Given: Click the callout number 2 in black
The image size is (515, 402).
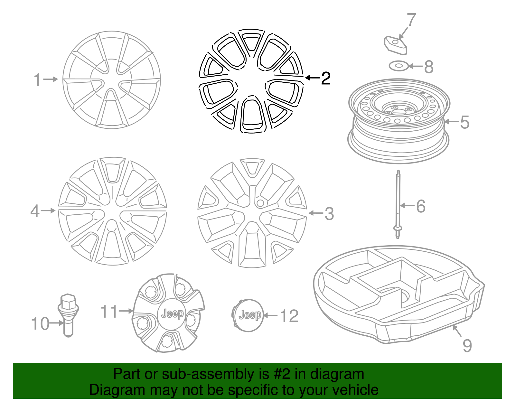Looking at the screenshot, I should pos(326,78).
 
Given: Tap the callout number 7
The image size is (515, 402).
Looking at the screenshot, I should pos(411,20).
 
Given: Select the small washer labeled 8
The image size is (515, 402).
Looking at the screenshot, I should pos(398,66).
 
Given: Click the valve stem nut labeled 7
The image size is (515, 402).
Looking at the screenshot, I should pos(395,45).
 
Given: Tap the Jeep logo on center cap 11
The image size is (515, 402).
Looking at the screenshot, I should pos(172,313).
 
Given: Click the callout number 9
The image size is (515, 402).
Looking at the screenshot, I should pos(467,346).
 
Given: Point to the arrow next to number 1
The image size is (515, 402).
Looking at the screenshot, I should pos(51,79).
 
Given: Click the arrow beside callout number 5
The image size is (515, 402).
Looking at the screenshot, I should pos(451,122).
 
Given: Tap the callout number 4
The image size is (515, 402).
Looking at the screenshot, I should pos(35,211).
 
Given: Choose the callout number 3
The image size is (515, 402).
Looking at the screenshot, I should pos(329,214).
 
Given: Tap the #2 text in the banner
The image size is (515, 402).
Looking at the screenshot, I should pos(282,374).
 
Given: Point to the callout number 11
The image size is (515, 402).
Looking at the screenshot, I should pos(109,312).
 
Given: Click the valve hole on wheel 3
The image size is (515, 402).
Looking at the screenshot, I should pos(260,203).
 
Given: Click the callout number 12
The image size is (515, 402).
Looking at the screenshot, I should pos(289,316).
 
